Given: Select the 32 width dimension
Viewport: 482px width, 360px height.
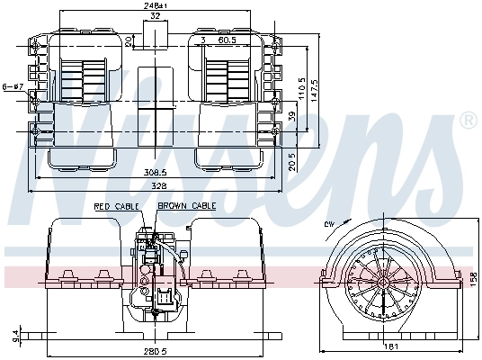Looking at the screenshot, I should [156, 16].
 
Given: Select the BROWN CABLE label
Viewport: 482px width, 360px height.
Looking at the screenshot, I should [186, 207].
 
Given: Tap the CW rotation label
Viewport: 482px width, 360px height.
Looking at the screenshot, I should [330, 222].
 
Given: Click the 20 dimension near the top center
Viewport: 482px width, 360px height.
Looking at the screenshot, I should [128, 40].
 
